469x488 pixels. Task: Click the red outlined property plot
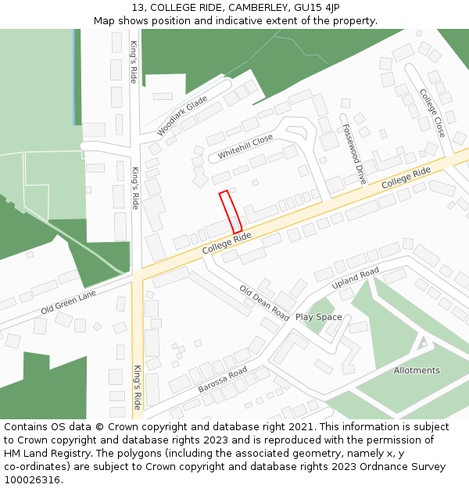[231, 212]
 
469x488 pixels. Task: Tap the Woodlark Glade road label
[182, 116]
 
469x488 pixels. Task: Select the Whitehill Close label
[245, 147]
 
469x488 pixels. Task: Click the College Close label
[432, 113]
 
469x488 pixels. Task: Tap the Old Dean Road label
[264, 302]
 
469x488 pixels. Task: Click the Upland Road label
[355, 278]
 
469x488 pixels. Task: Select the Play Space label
[318, 317]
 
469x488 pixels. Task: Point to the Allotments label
[417, 370]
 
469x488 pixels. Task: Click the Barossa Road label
[222, 379]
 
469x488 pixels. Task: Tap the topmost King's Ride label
[134, 62]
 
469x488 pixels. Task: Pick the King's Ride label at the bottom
[137, 387]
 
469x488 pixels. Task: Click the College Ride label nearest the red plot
[227, 242]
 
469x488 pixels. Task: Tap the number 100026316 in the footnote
[30, 479]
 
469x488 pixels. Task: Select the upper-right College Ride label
[406, 181]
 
